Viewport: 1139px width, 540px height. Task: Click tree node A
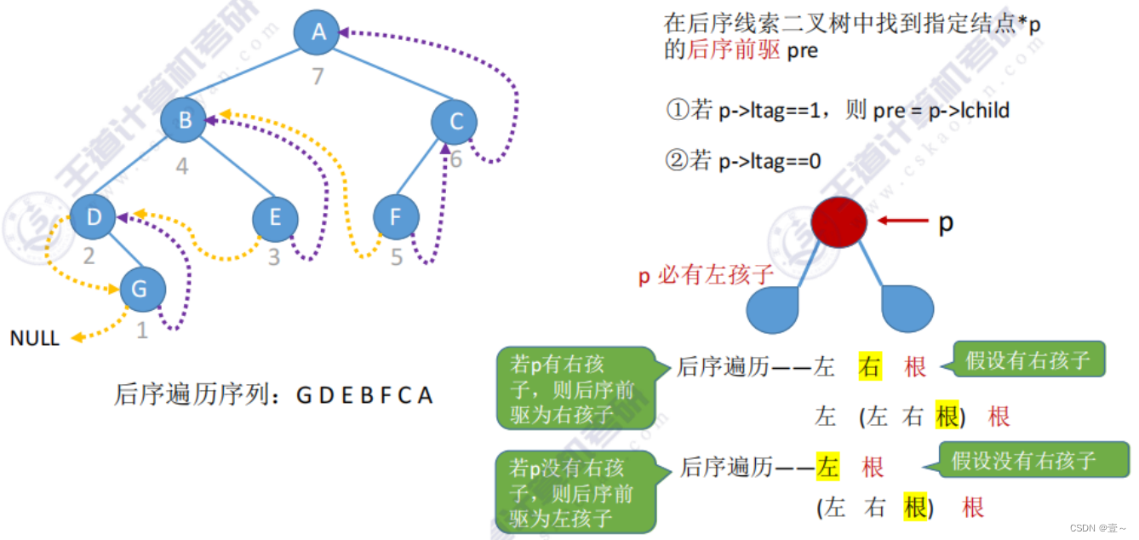pyautogui.click(x=318, y=32)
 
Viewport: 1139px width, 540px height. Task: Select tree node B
pyautogui.click(x=184, y=120)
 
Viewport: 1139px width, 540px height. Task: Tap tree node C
pyautogui.click(x=455, y=122)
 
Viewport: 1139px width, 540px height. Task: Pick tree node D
pyautogui.click(x=93, y=216)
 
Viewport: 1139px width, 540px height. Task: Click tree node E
pyautogui.click(x=275, y=217)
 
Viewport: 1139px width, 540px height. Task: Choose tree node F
pyautogui.click(x=396, y=217)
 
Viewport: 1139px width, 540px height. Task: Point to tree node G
pyautogui.click(x=141, y=290)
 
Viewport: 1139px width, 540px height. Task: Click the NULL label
pyautogui.click(x=34, y=339)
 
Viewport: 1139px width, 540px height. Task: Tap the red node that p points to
pyautogui.click(x=839, y=221)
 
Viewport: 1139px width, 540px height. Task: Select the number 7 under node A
pyautogui.click(x=318, y=77)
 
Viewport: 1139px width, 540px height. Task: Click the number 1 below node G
pyautogui.click(x=142, y=330)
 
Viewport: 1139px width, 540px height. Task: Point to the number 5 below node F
pyautogui.click(x=397, y=256)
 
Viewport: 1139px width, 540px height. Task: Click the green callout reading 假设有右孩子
pyautogui.click(x=1027, y=360)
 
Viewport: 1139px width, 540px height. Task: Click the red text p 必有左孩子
pyautogui.click(x=706, y=275)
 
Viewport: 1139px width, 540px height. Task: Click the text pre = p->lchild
pyautogui.click(x=941, y=111)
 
